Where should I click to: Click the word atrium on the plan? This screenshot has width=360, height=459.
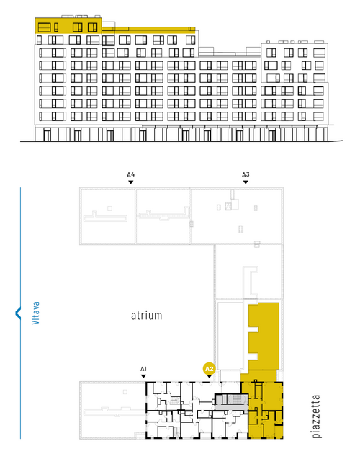(x=146, y=316)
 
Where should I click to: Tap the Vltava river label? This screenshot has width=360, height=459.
(x=35, y=313)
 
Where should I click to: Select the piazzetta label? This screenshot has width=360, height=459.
(x=316, y=416)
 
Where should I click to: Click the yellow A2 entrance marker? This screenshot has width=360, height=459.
(x=209, y=369)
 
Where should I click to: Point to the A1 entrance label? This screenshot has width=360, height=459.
(x=143, y=369)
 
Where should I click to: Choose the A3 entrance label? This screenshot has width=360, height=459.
(x=246, y=175)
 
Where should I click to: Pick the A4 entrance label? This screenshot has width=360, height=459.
(x=131, y=175)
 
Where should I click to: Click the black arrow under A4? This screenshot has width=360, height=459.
(x=131, y=182)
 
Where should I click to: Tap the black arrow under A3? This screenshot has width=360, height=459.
(x=246, y=182)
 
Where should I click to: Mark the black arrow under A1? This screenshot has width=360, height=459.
(x=143, y=376)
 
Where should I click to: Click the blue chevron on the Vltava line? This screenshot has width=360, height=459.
(x=18, y=313)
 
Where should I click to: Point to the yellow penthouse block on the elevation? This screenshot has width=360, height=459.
(x=68, y=25)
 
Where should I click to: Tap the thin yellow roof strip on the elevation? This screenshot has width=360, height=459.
(x=148, y=30)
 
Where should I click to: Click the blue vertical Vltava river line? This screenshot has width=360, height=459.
(x=20, y=313)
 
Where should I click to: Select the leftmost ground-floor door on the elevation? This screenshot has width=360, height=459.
(x=47, y=135)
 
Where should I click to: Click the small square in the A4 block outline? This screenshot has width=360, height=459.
(x=109, y=208)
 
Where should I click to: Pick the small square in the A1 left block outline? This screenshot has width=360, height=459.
(x=125, y=392)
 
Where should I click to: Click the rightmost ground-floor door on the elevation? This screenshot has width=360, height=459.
(x=272, y=135)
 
